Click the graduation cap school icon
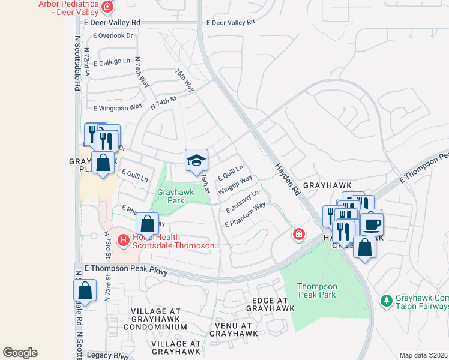[x=196, y=160]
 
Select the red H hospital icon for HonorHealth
[x=123, y=241]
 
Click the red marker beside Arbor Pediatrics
[x=107, y=7]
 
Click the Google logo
[x=20, y=353]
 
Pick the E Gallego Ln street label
[x=111, y=61]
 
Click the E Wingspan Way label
[x=118, y=107]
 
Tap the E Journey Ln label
[x=242, y=202]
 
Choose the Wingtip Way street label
[x=235, y=184]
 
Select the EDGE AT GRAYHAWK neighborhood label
[x=270, y=304]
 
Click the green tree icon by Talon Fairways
[x=387, y=299]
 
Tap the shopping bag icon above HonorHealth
[x=147, y=224]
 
